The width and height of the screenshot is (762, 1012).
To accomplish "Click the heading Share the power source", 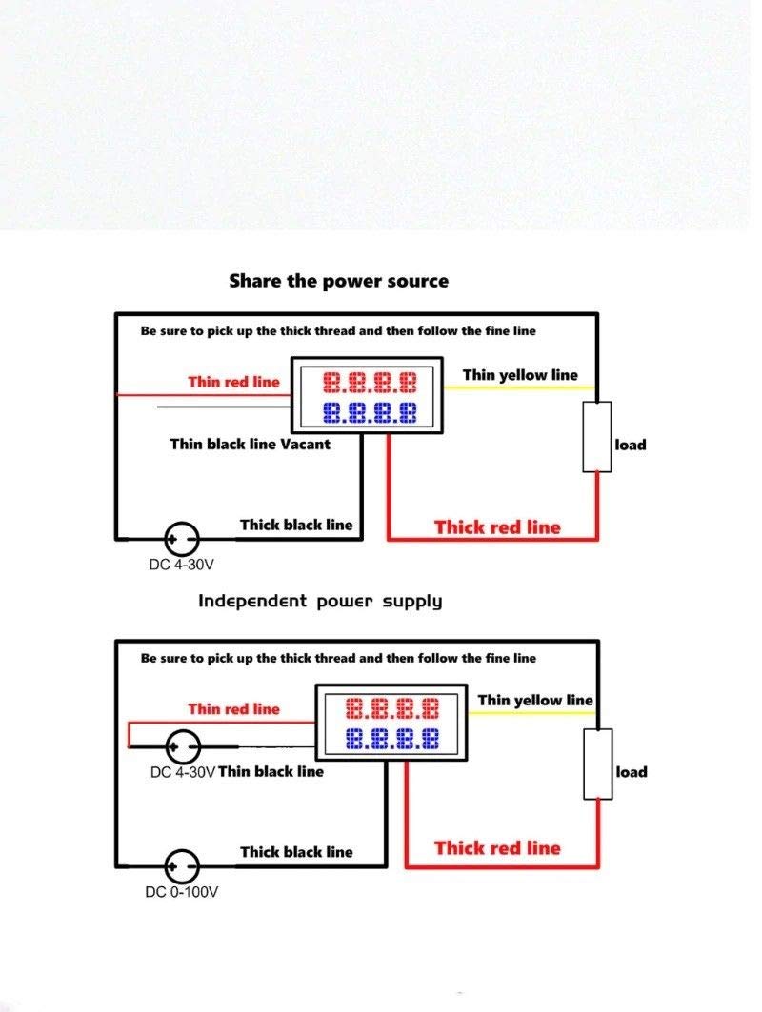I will point(338,281).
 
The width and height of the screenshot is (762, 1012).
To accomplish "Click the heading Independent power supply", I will point(320,601).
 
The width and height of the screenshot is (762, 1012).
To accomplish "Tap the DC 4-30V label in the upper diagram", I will point(181,565).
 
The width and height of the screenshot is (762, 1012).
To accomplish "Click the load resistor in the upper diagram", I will point(597,436).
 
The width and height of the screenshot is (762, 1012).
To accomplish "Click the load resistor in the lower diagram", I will point(597,764).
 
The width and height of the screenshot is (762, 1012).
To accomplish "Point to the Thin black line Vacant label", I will point(250,444).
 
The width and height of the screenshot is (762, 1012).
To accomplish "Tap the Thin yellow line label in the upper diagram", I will point(520,375).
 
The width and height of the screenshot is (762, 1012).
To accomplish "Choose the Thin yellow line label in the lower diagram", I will point(535,701).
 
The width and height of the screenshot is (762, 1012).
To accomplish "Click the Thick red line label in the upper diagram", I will point(497,527).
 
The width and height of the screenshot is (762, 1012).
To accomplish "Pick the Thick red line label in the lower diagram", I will point(497,848).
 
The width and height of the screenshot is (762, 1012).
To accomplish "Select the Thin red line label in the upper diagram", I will point(233,382).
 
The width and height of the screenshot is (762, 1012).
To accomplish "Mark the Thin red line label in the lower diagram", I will point(233,708).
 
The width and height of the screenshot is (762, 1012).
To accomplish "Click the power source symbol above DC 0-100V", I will point(182,866).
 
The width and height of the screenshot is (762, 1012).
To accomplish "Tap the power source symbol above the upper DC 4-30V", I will point(182,539).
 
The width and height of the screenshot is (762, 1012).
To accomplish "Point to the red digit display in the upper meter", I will point(370,384).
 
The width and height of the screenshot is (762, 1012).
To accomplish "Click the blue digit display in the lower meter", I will point(391,738).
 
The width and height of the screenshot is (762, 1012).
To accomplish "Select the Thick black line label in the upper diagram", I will point(295,525).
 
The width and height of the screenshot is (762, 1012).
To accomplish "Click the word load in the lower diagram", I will point(632,772).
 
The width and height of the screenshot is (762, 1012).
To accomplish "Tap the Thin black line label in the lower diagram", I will point(271,772).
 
